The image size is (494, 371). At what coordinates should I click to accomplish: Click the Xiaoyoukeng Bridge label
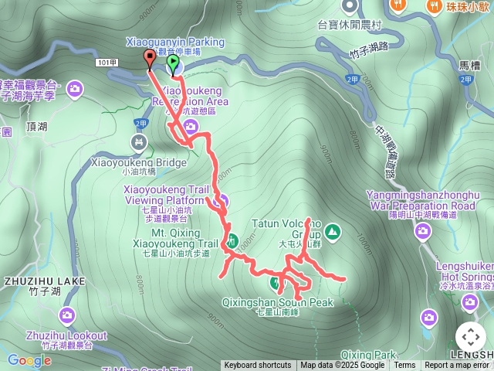coord(139,163)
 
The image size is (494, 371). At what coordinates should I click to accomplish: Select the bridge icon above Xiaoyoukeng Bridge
coord(139,142)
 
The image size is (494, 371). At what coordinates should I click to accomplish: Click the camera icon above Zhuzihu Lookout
coord(66,315)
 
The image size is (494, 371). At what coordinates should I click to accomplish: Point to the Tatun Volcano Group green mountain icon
coord(332,230)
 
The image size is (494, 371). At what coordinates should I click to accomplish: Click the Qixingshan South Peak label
coord(277,302)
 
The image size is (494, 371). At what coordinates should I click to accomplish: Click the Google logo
coord(29,360)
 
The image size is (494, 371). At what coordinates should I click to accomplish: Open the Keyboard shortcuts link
coord(257,366)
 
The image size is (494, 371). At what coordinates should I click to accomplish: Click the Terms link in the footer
coord(404,366)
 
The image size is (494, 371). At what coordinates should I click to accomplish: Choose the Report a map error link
coord(457,366)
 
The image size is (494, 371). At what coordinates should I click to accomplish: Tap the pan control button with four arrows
coord(470,337)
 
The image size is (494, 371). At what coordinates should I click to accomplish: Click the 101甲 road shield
coord(107,61)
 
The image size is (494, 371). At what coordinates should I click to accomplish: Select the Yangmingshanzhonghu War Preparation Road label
coord(421,201)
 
